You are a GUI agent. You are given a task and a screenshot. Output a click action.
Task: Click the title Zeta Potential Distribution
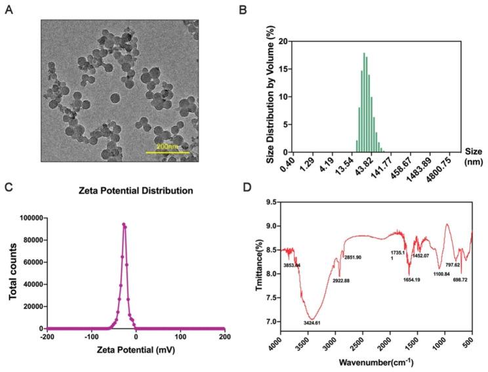(136, 192)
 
